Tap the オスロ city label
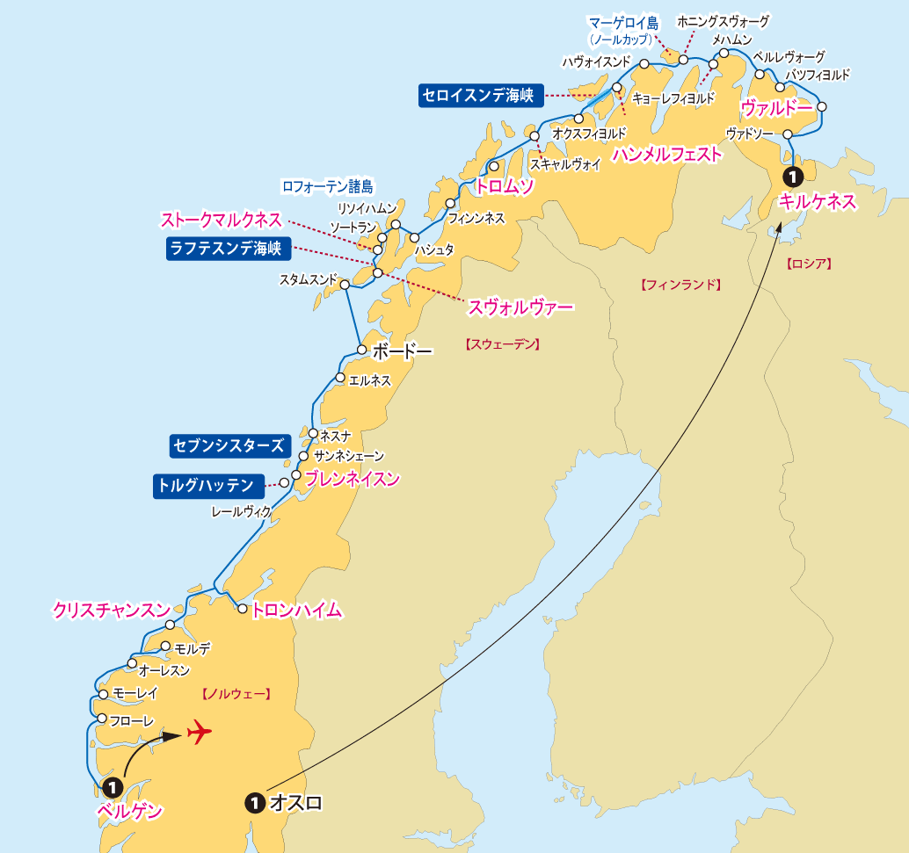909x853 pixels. [295, 802]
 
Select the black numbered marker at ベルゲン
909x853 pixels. [113, 787]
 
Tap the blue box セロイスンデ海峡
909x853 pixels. [480, 96]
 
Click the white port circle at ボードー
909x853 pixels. [361, 350]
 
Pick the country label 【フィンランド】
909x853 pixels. [680, 285]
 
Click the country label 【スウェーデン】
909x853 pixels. [501, 344]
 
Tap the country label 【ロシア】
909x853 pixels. [809, 263]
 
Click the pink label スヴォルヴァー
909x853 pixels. [520, 307]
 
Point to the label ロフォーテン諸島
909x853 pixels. [327, 186]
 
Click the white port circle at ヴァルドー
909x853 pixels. [822, 107]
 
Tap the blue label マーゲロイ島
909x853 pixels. [623, 23]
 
